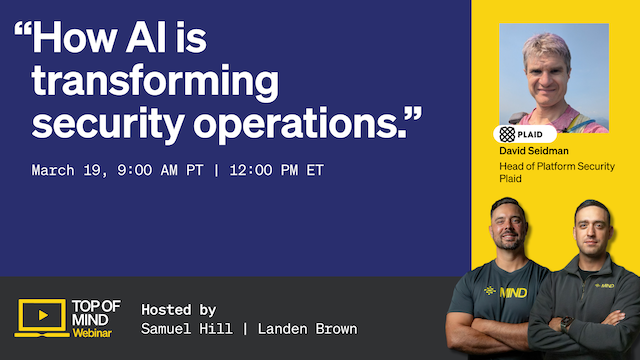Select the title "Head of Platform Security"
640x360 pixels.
pyautogui.click(x=556, y=166)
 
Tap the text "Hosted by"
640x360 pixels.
pyautogui.click(x=179, y=309)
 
